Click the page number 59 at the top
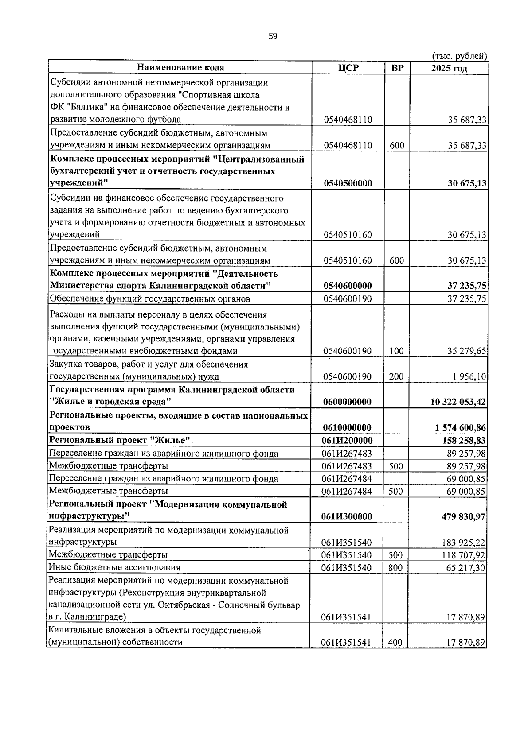click(273, 36)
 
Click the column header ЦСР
click(348, 68)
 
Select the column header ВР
click(397, 68)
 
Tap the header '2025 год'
click(449, 68)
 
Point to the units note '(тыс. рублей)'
click(459, 56)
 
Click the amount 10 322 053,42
click(458, 402)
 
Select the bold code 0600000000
click(348, 402)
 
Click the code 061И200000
click(348, 440)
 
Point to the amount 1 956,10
click(469, 377)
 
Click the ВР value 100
click(396, 351)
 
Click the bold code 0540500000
click(348, 183)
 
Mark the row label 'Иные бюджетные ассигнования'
click(114, 568)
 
